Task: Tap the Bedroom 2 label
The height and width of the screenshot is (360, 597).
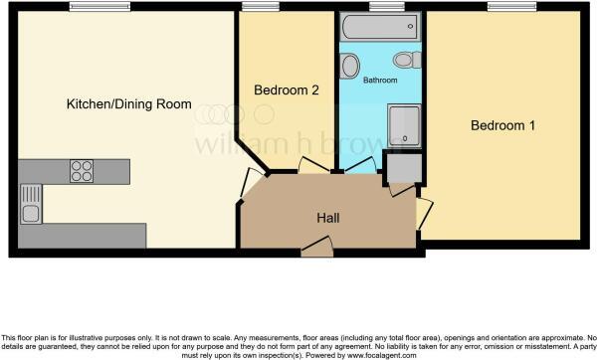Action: pyautogui.click(x=287, y=90)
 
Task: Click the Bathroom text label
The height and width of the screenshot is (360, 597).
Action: pyautogui.click(x=380, y=79)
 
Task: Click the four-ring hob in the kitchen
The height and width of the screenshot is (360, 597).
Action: pyautogui.click(x=82, y=171)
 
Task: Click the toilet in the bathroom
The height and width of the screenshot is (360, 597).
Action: pyautogui.click(x=405, y=60)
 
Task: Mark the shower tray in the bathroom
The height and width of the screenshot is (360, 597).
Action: pyautogui.click(x=404, y=123)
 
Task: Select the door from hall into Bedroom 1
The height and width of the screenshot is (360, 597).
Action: pyautogui.click(x=424, y=211)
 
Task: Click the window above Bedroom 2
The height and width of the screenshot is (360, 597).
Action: pyautogui.click(x=261, y=7)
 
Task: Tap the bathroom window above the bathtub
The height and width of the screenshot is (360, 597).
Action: pyautogui.click(x=379, y=7)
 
